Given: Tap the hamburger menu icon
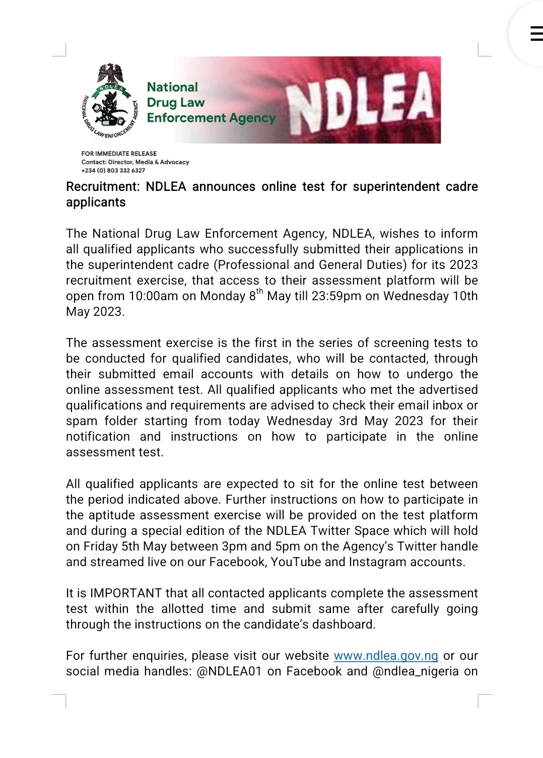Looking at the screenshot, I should click(536, 33).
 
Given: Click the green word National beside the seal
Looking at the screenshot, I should click(172, 87).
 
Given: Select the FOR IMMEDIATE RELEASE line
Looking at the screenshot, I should click(119, 154).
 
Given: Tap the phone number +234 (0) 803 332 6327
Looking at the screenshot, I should click(113, 171).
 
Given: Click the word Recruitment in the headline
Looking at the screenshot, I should click(102, 187).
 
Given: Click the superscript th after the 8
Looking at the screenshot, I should click(259, 291).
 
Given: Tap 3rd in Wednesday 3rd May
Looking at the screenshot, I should click(348, 421).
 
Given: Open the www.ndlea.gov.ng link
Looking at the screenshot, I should click(386, 656).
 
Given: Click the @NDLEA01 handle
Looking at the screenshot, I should click(229, 671).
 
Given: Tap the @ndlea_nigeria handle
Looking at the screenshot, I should click(416, 671).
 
